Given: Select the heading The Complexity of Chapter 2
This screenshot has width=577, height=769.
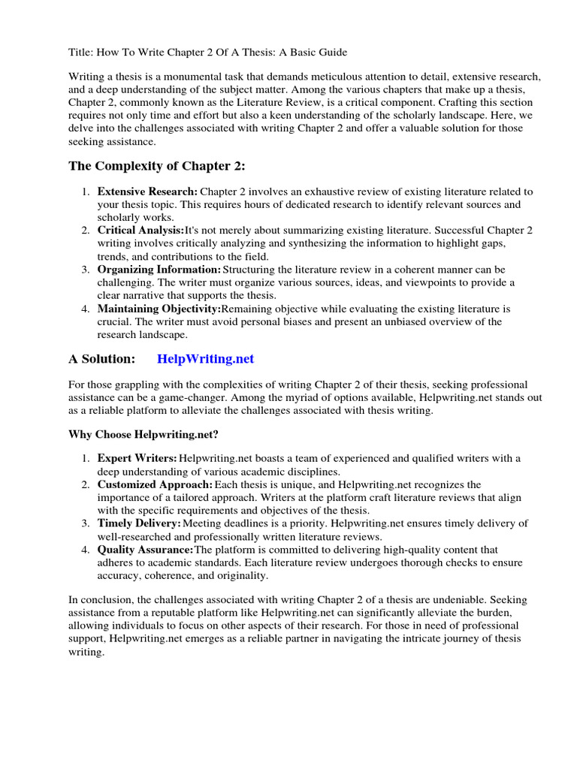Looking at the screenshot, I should click(x=157, y=166).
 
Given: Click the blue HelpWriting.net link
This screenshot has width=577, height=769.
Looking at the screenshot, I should click(x=205, y=359).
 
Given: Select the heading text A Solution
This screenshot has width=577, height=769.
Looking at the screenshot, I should click(x=101, y=359).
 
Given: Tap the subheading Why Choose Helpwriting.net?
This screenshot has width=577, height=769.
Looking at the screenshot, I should click(x=143, y=434).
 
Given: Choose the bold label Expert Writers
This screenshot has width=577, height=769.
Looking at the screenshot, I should click(x=137, y=458).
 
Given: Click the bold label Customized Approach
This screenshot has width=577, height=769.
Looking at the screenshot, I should click(x=155, y=485).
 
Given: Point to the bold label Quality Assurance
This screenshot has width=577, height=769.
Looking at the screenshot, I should click(x=146, y=550).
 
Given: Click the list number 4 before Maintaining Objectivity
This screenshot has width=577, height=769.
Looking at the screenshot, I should click(x=86, y=309).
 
